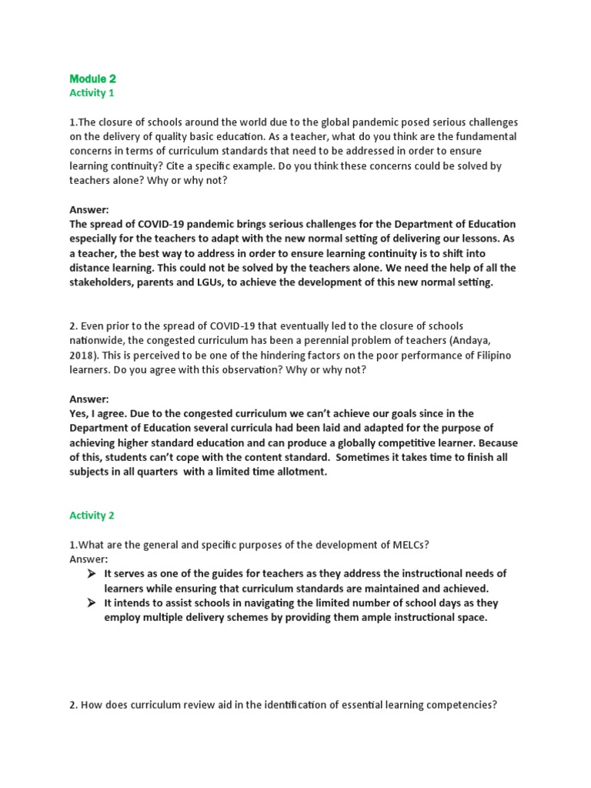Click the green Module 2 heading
[92, 78]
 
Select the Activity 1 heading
[92, 93]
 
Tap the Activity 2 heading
[92, 516]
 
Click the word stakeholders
[101, 282]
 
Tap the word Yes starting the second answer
[79, 414]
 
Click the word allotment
[299, 472]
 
